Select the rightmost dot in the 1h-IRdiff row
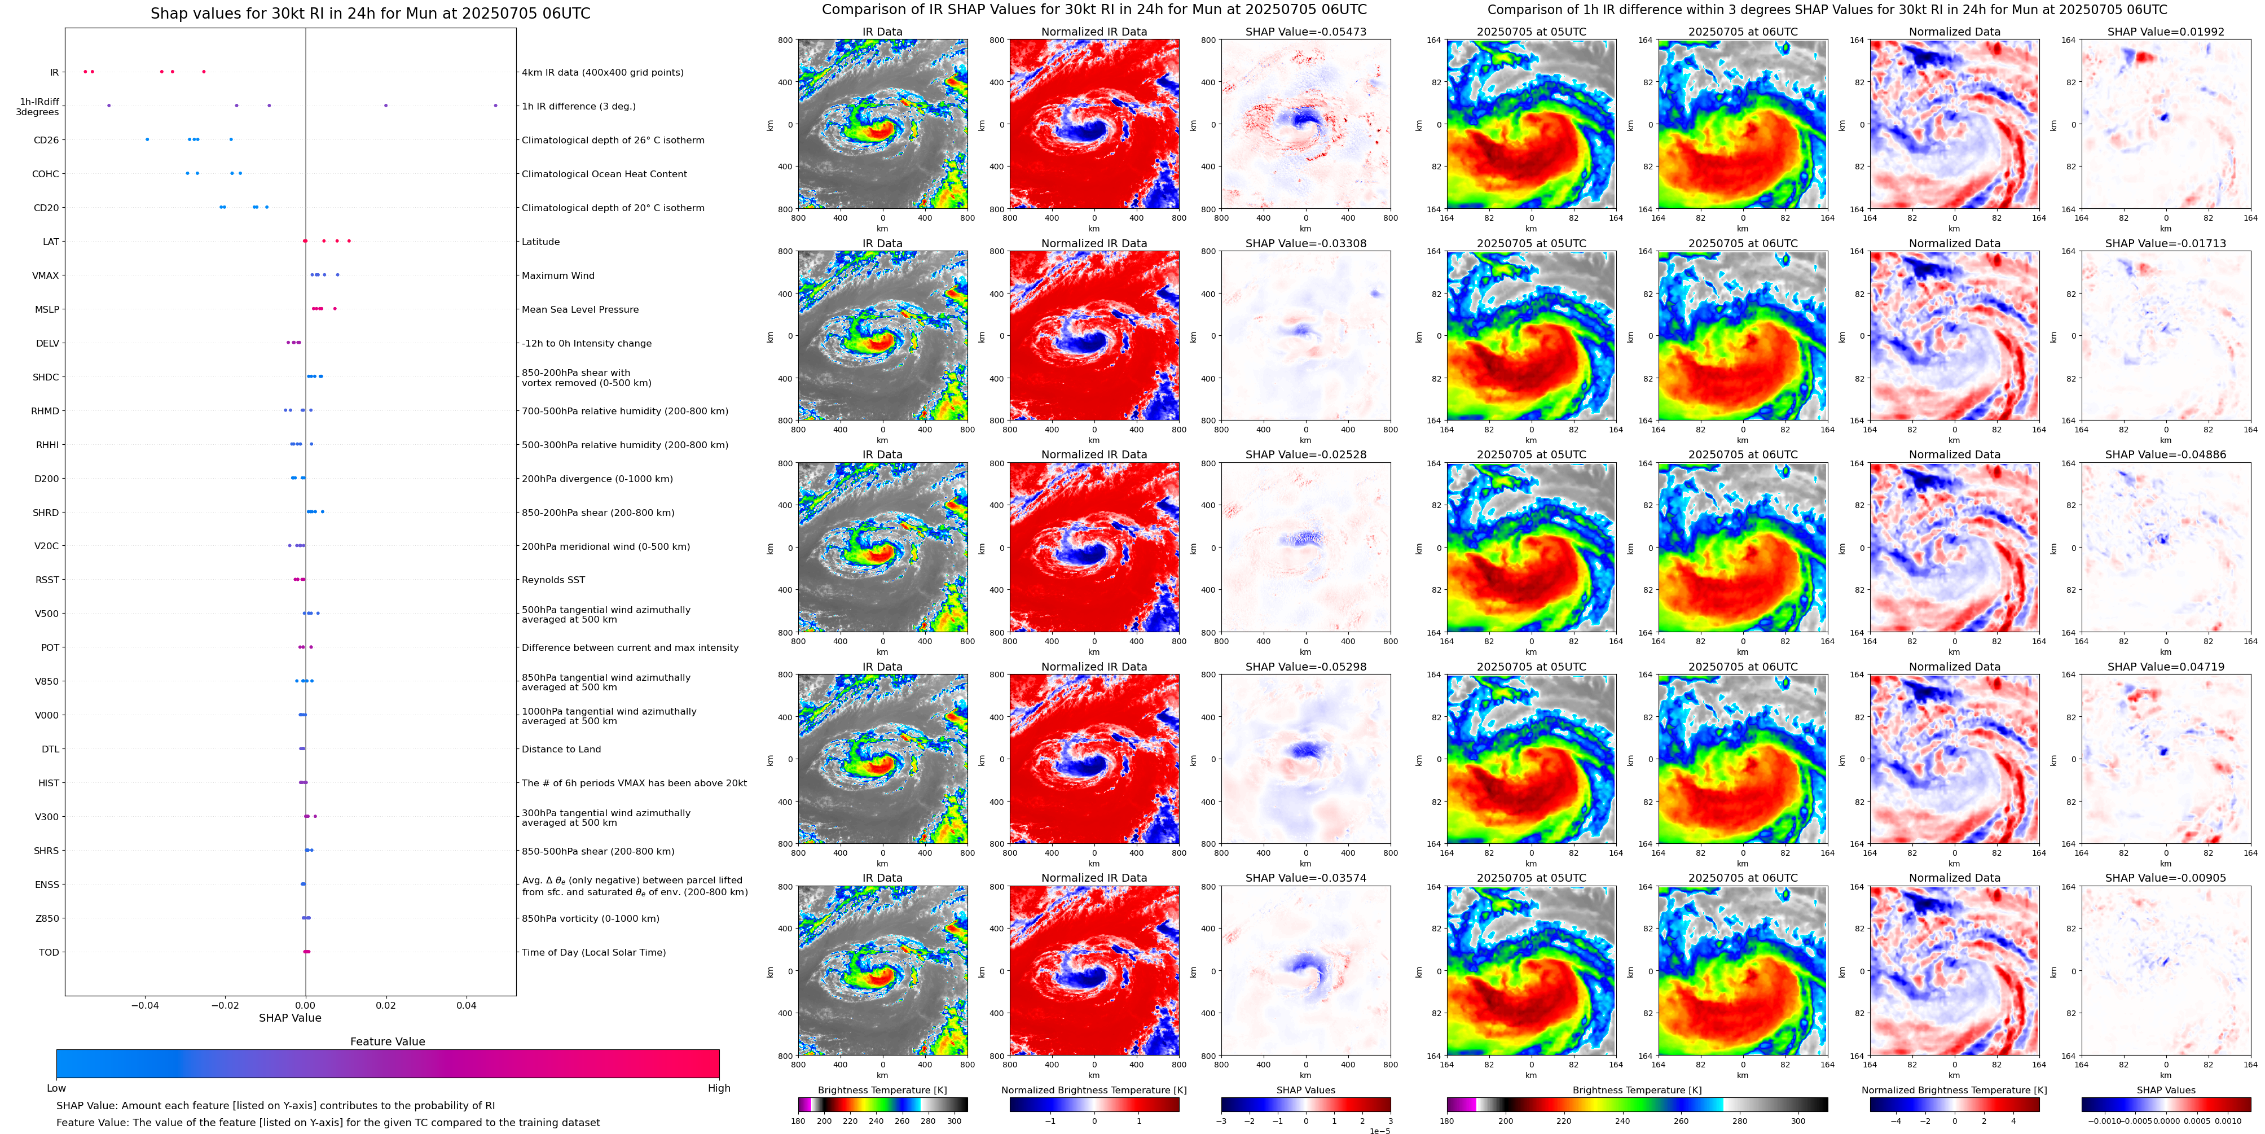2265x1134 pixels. coord(495,106)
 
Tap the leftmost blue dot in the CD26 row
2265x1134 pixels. coord(147,139)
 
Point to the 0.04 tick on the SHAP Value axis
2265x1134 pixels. coord(466,1005)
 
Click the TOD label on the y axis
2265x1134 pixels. coord(49,952)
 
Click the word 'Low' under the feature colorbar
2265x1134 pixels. coord(56,1088)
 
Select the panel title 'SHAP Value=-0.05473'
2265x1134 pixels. coord(1306,32)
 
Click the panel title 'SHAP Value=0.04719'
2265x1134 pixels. coord(2166,667)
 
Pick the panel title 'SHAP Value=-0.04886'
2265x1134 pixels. coord(2166,455)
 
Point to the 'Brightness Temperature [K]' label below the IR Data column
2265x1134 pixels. coord(882,1090)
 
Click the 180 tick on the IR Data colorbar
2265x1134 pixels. coord(798,1121)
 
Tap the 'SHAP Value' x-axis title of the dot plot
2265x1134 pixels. coord(289,1018)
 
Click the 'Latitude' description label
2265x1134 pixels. coord(541,242)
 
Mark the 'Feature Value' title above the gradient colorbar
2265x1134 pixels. coord(387,1041)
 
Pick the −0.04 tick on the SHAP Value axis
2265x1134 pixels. coord(145,1005)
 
